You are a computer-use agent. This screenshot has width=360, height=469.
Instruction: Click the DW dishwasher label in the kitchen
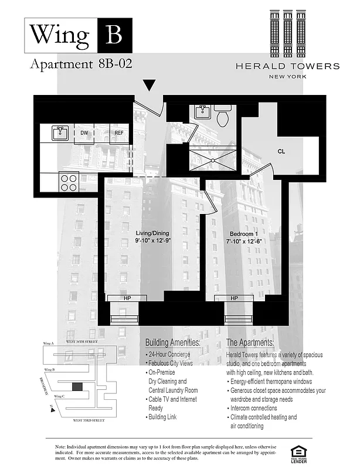tap(85, 133)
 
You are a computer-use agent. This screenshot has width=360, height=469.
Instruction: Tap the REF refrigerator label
tap(119, 133)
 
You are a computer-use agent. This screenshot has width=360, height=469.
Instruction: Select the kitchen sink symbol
tap(60, 133)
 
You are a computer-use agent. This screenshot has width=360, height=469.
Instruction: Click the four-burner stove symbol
tap(69, 181)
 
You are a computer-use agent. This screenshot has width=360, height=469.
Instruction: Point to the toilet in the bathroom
tap(223, 116)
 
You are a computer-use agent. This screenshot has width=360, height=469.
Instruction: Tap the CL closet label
tap(281, 152)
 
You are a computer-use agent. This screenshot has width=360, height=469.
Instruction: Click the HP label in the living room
tap(127, 298)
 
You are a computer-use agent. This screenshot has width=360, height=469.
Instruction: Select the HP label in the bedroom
tap(234, 298)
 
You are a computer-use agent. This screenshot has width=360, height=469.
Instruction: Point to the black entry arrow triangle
tap(150, 86)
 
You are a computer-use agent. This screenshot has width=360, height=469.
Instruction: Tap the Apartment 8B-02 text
tap(80, 64)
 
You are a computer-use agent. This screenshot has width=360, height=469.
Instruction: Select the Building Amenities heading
tap(172, 342)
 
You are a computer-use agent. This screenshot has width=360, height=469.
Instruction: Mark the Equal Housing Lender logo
tap(299, 452)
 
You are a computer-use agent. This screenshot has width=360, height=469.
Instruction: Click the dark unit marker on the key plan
tap(77, 386)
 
